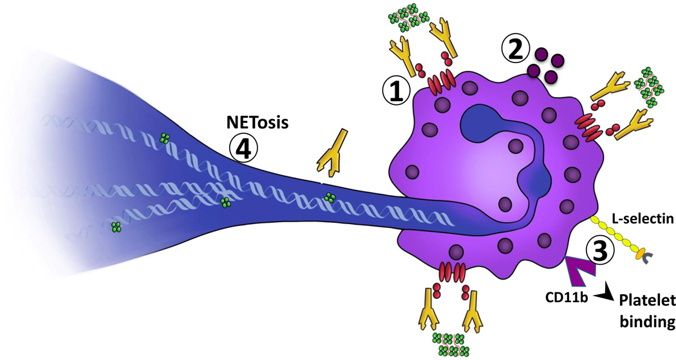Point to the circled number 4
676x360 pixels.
click(x=244, y=149)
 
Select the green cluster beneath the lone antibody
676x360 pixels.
click(x=330, y=197)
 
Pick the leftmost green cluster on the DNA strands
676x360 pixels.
click(x=116, y=227)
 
